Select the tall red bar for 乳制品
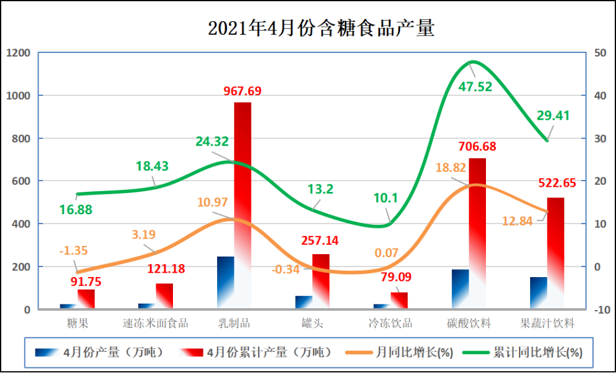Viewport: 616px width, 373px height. click(x=243, y=205)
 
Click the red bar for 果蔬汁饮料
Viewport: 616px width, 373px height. click(x=556, y=252)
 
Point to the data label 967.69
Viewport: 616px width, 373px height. click(x=242, y=91)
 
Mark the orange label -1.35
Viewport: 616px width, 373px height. click(x=73, y=251)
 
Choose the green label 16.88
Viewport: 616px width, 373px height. click(x=76, y=210)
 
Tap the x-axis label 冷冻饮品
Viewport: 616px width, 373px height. click(x=391, y=323)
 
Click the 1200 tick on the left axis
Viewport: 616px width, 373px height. click(x=18, y=53)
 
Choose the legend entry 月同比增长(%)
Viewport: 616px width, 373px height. click(x=414, y=352)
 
